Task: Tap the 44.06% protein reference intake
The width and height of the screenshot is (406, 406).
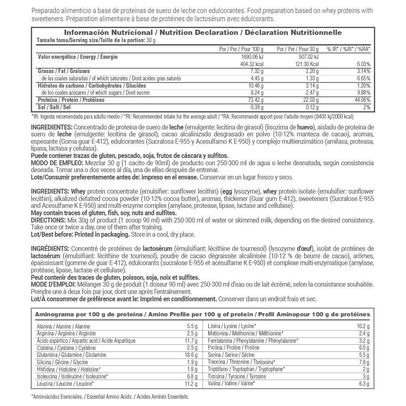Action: coord(361,100)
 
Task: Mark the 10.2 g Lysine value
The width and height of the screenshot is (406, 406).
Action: coord(363,326)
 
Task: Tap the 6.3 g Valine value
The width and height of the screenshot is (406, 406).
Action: coord(364,383)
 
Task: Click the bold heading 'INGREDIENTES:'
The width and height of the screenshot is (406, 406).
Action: coord(52,127)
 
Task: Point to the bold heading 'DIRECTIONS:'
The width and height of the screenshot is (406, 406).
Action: coord(48,220)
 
